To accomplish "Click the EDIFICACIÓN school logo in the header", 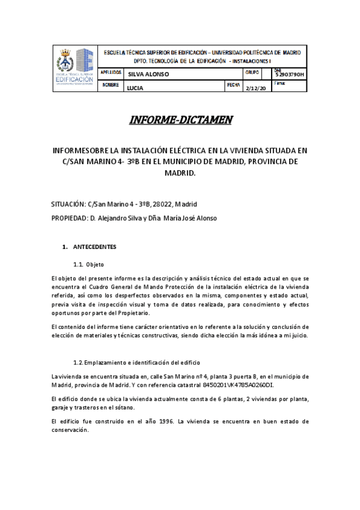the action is click(x=75, y=68).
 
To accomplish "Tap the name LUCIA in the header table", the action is click(x=135, y=88).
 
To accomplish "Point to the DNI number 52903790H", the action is click(x=290, y=75).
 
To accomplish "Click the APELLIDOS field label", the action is click(x=111, y=72).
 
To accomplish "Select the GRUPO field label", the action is click(x=252, y=72).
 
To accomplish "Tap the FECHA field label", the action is click(x=233, y=85).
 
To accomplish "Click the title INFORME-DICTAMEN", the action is click(x=180, y=120).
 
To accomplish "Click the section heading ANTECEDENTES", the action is click(x=94, y=247).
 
